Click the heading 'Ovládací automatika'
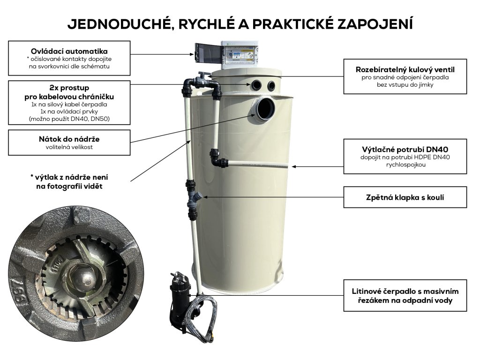[69, 51]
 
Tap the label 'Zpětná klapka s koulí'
[405, 197]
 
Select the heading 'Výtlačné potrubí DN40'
[405, 150]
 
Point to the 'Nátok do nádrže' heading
[69, 139]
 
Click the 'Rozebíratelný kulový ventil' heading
[405, 69]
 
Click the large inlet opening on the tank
[265, 109]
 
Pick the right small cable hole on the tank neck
[271, 85]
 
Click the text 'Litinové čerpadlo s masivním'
[405, 291]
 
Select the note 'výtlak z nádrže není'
[69, 177]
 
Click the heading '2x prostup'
[69, 88]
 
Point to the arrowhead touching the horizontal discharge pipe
[293, 166]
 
